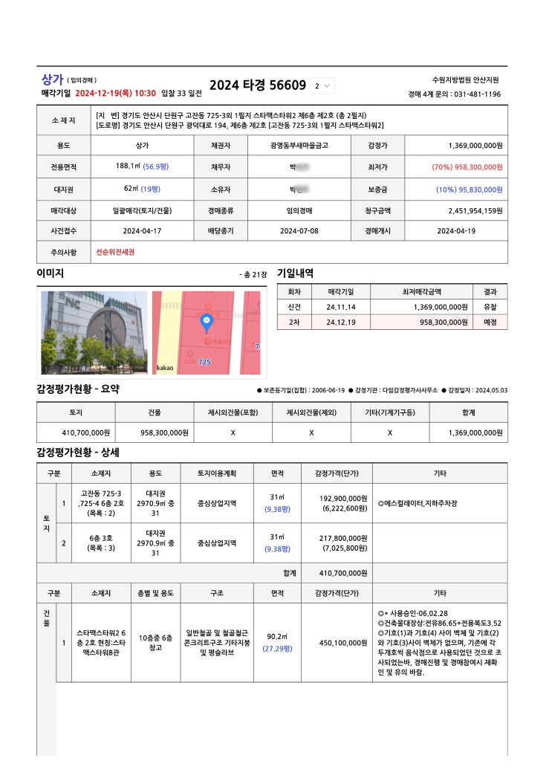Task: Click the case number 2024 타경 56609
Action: pyautogui.click(x=257, y=85)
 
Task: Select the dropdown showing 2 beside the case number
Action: pyautogui.click(x=322, y=86)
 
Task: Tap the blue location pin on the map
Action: pyautogui.click(x=207, y=323)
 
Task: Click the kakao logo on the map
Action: pyautogui.click(x=165, y=368)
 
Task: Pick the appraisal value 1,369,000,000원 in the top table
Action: pyautogui.click(x=475, y=146)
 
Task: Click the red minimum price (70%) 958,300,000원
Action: pyautogui.click(x=467, y=168)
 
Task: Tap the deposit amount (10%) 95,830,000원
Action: pyautogui.click(x=470, y=189)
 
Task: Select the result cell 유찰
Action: pyautogui.click(x=490, y=307)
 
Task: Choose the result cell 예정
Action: pyautogui.click(x=490, y=323)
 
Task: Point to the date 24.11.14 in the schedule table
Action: pyautogui.click(x=340, y=307)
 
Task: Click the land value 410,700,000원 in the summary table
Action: pyautogui.click(x=85, y=432)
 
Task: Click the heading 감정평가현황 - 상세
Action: pyautogui.click(x=78, y=452)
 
